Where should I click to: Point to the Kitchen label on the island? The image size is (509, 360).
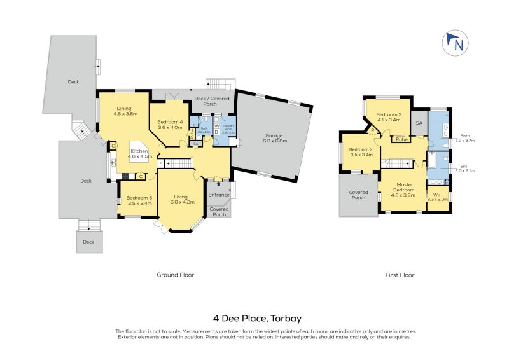coord(140,153)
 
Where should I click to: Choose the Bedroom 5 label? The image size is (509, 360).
coord(137,200)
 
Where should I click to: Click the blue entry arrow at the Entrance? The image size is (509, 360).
coord(219,186)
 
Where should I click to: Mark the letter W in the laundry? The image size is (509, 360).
coord(216,126)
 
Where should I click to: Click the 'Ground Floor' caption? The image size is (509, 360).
coord(175,275)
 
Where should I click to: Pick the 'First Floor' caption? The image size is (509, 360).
coord(400,275)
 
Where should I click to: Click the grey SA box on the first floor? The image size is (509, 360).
coord(419,123)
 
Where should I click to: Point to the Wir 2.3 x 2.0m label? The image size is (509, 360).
coord(437,197)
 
